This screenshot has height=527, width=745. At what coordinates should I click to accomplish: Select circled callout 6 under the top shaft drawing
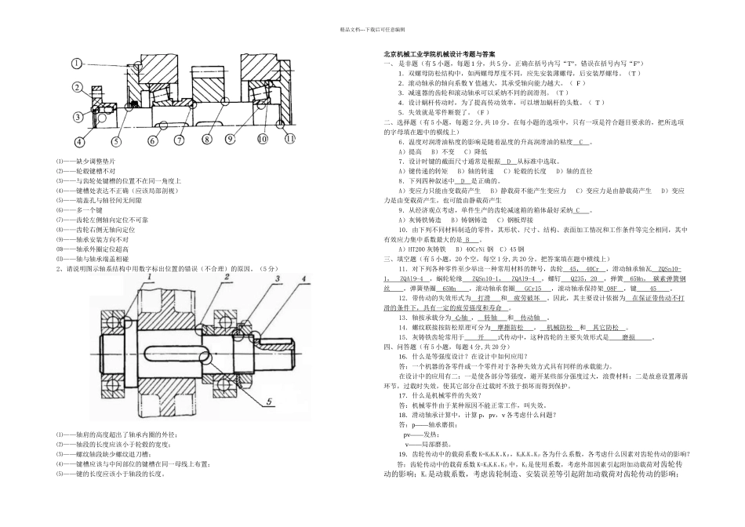tap(152, 141)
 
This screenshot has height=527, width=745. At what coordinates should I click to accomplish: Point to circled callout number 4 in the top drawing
tap(79, 142)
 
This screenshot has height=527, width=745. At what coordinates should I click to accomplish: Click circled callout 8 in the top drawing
tap(207, 140)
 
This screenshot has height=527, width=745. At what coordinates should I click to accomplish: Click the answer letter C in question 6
tap(581, 142)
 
